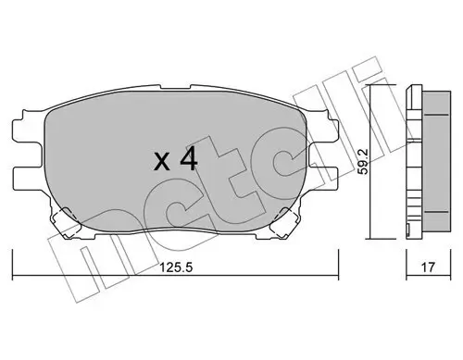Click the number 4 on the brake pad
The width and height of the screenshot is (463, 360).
[187, 161]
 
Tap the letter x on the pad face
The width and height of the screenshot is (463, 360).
[160, 164]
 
